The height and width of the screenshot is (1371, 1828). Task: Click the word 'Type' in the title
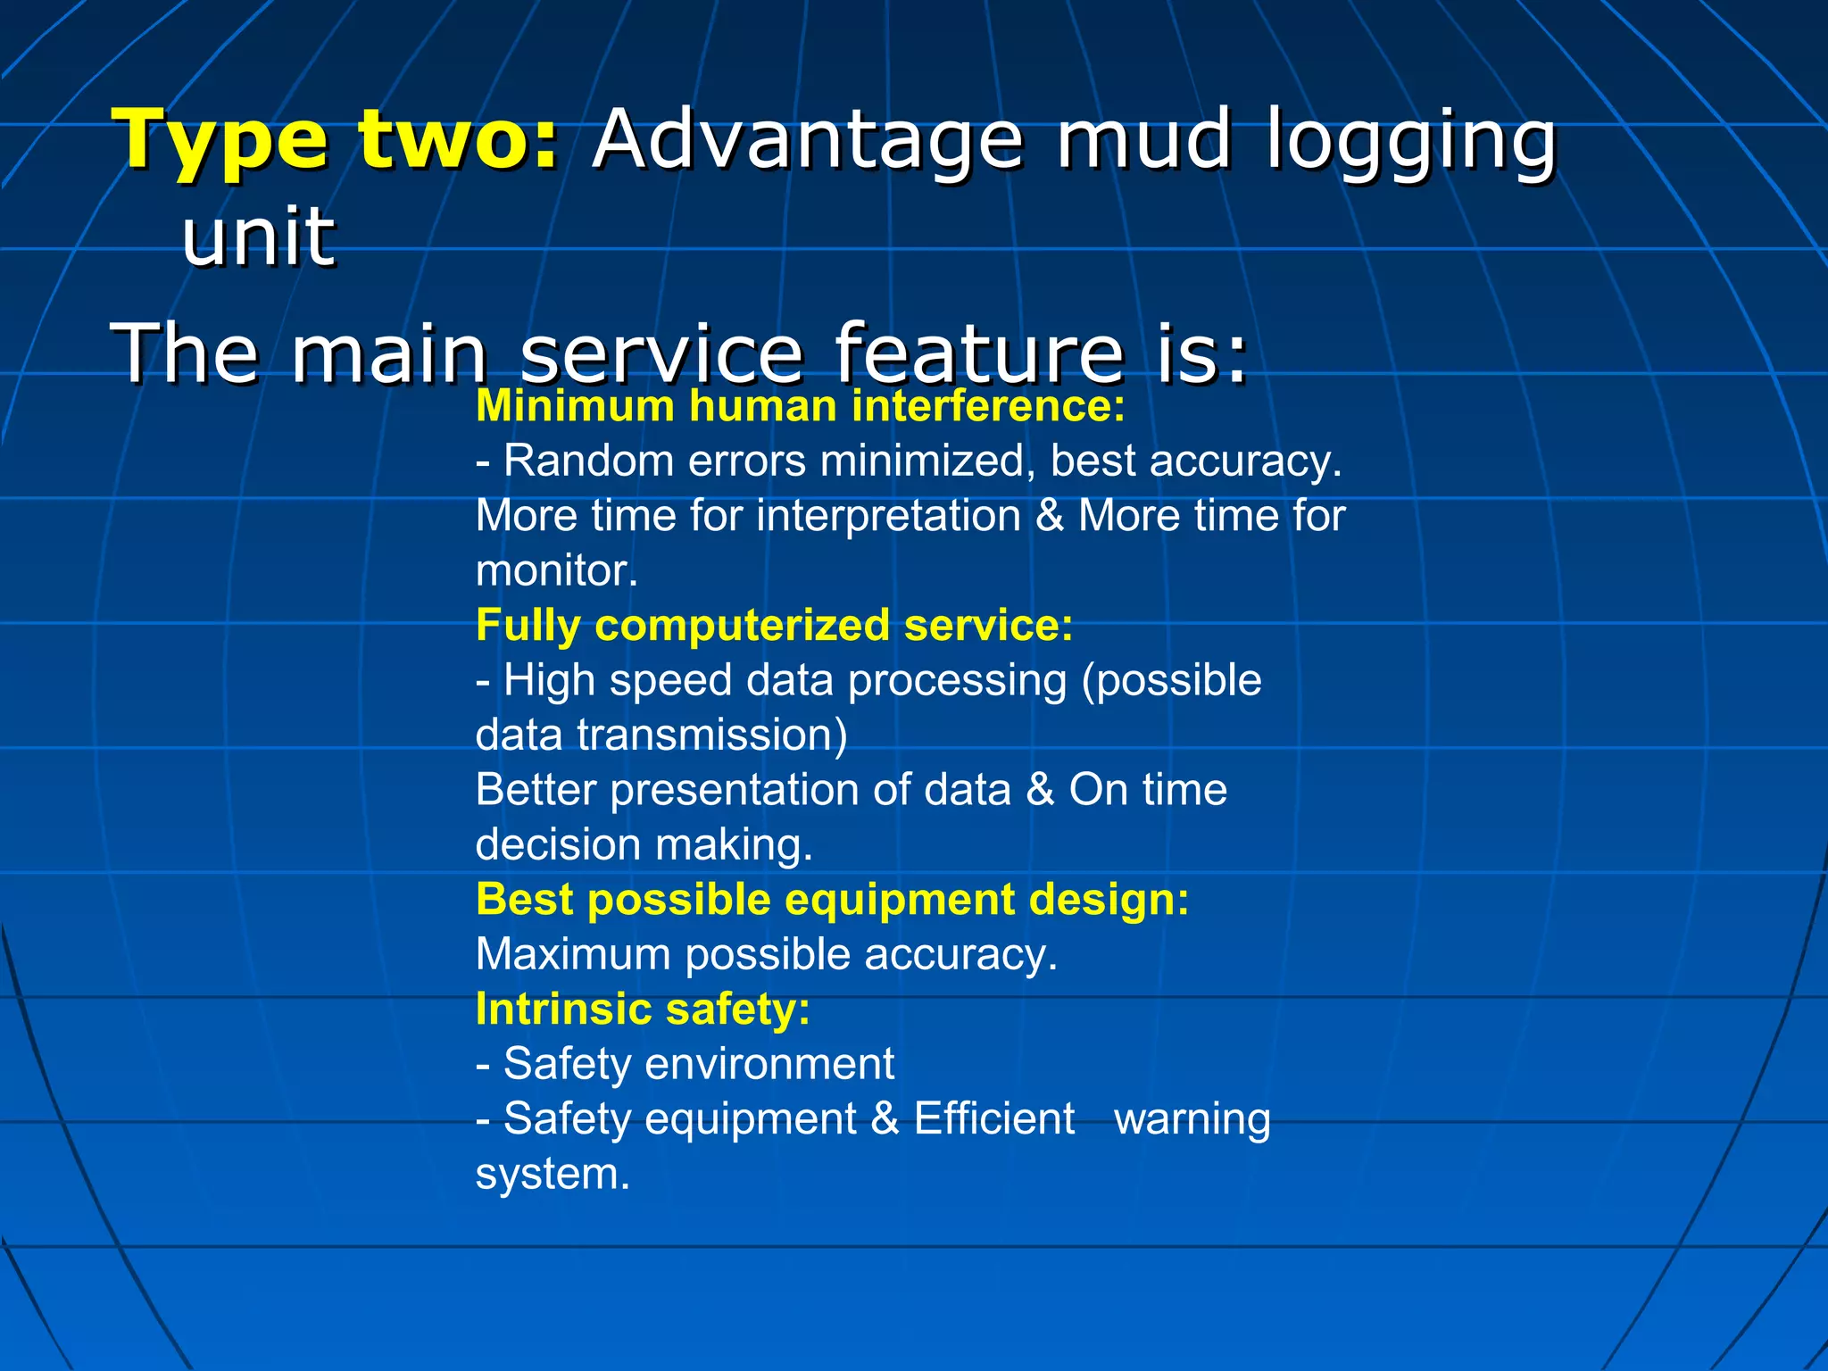(x=220, y=141)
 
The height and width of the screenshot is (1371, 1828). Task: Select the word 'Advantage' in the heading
(x=807, y=139)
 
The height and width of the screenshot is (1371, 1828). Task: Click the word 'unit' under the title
(x=259, y=237)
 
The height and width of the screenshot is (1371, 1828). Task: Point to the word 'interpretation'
(x=888, y=517)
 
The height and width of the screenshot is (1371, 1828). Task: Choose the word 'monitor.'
(x=557, y=571)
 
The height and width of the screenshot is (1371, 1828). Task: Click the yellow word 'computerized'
(x=742, y=626)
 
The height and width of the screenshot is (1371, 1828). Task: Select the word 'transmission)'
(x=712, y=735)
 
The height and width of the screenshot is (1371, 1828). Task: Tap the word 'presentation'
(x=760, y=791)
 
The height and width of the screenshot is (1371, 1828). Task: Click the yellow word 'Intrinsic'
(x=563, y=1010)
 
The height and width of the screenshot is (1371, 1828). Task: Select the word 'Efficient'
(x=994, y=1119)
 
